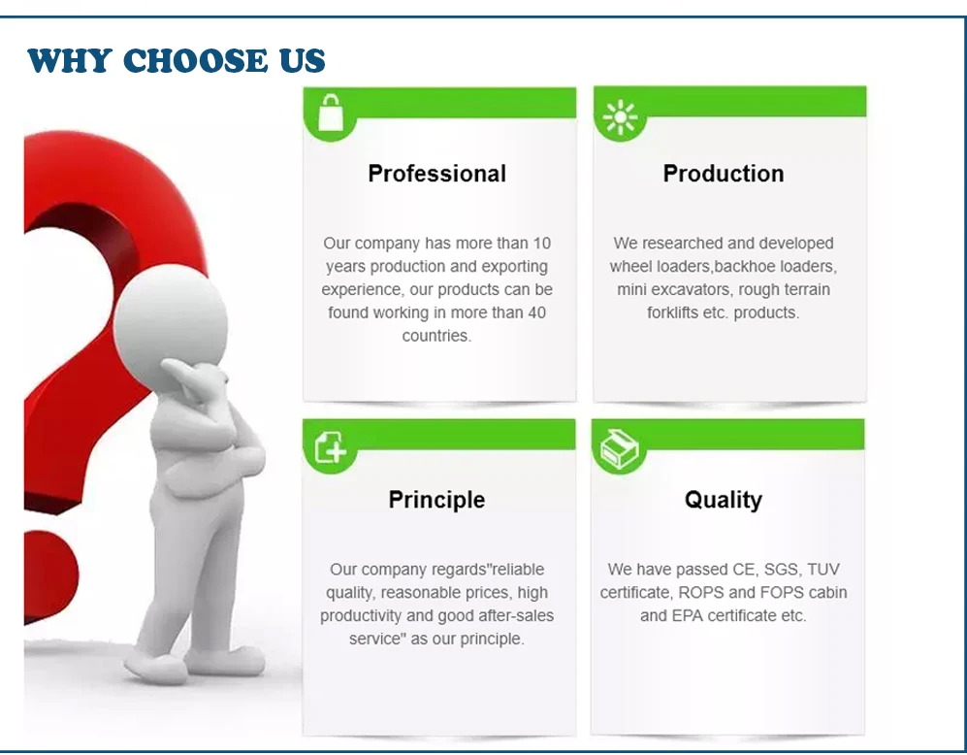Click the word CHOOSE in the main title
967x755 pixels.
[196, 60]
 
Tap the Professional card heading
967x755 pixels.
[436, 174]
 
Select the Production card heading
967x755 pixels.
[724, 174]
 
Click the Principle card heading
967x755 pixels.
[436, 500]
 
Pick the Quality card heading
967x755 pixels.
[724, 500]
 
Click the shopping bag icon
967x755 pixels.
[331, 113]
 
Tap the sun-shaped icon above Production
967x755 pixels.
[620, 116]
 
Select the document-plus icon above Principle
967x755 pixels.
[331, 446]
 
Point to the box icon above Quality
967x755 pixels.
[619, 448]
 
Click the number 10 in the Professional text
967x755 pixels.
[542, 243]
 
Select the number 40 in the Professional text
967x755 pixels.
[536, 312]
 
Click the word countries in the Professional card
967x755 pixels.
[436, 336]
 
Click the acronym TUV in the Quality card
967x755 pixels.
[823, 569]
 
